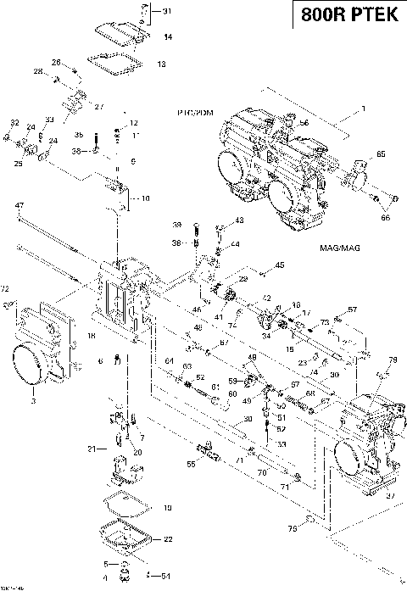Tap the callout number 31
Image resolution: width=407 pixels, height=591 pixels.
pyautogui.click(x=166, y=11)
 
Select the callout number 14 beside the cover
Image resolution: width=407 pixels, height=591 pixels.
pyautogui.click(x=168, y=36)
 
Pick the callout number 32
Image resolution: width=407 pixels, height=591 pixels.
pyautogui.click(x=14, y=124)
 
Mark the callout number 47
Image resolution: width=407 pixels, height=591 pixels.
pyautogui.click(x=19, y=205)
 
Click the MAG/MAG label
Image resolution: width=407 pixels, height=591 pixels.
pyautogui.click(x=337, y=248)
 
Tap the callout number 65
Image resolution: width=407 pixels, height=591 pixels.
pyautogui.click(x=381, y=153)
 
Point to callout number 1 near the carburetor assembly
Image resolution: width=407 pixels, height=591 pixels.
pyautogui.click(x=364, y=108)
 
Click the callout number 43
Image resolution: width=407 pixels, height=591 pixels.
pyautogui.click(x=239, y=220)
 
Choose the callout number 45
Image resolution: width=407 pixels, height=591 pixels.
pyautogui.click(x=281, y=265)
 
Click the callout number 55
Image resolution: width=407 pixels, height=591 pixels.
pyautogui.click(x=191, y=465)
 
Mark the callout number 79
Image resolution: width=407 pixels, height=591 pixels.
pyautogui.click(x=393, y=361)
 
